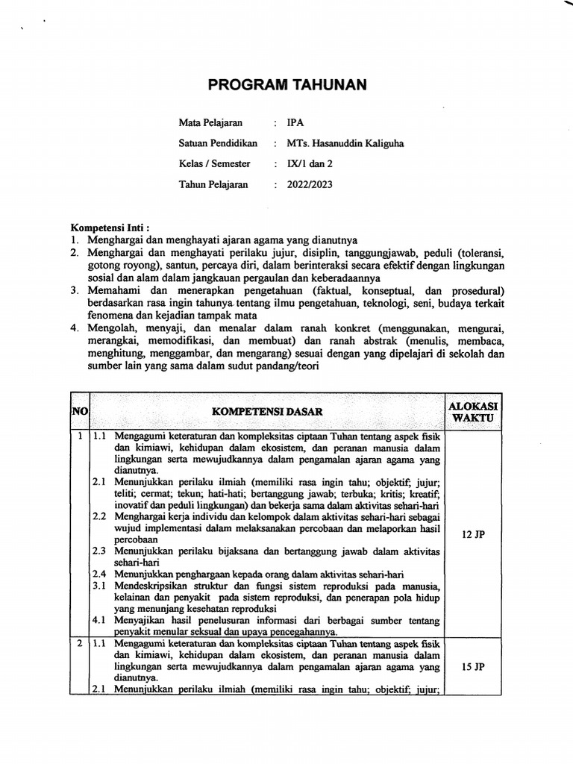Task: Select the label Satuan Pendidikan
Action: pos(218,144)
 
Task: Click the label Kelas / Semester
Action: pos(215,164)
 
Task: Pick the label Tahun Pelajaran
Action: pos(213,184)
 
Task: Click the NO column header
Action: pos(79,411)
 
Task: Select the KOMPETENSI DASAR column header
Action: pos(268,411)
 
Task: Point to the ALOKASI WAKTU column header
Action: pos(473,411)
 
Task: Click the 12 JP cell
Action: pos(473,534)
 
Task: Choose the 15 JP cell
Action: pos(473,666)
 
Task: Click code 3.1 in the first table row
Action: pos(99,586)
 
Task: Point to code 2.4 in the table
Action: pos(99,574)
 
